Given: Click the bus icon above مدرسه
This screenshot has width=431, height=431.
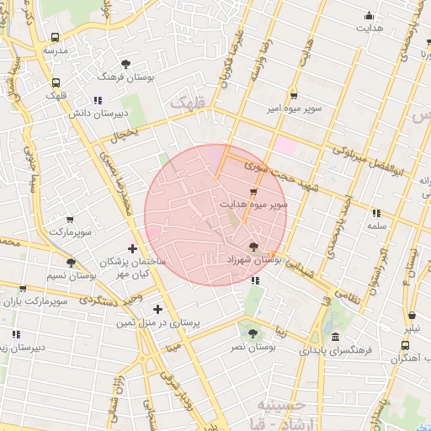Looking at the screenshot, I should (56, 38).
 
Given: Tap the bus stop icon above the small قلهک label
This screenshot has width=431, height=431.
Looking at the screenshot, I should (56, 82).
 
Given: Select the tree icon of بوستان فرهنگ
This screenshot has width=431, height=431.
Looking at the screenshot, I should (126, 64).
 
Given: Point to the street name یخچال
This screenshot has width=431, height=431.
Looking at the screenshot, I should (124, 132).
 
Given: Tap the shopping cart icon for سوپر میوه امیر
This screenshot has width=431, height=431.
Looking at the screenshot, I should (293, 95).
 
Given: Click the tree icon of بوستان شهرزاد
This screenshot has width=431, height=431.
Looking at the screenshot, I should (254, 247).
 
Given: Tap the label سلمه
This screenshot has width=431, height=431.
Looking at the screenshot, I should (376, 226).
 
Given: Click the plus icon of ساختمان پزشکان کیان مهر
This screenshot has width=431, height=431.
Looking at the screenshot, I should (132, 247).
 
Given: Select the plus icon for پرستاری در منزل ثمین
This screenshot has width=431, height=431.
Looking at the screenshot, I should (157, 309).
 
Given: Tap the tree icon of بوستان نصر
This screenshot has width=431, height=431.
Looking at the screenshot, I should (253, 334).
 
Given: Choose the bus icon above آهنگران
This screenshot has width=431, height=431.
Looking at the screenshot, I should (406, 345).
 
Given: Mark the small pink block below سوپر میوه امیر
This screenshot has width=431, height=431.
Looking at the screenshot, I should (286, 145).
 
